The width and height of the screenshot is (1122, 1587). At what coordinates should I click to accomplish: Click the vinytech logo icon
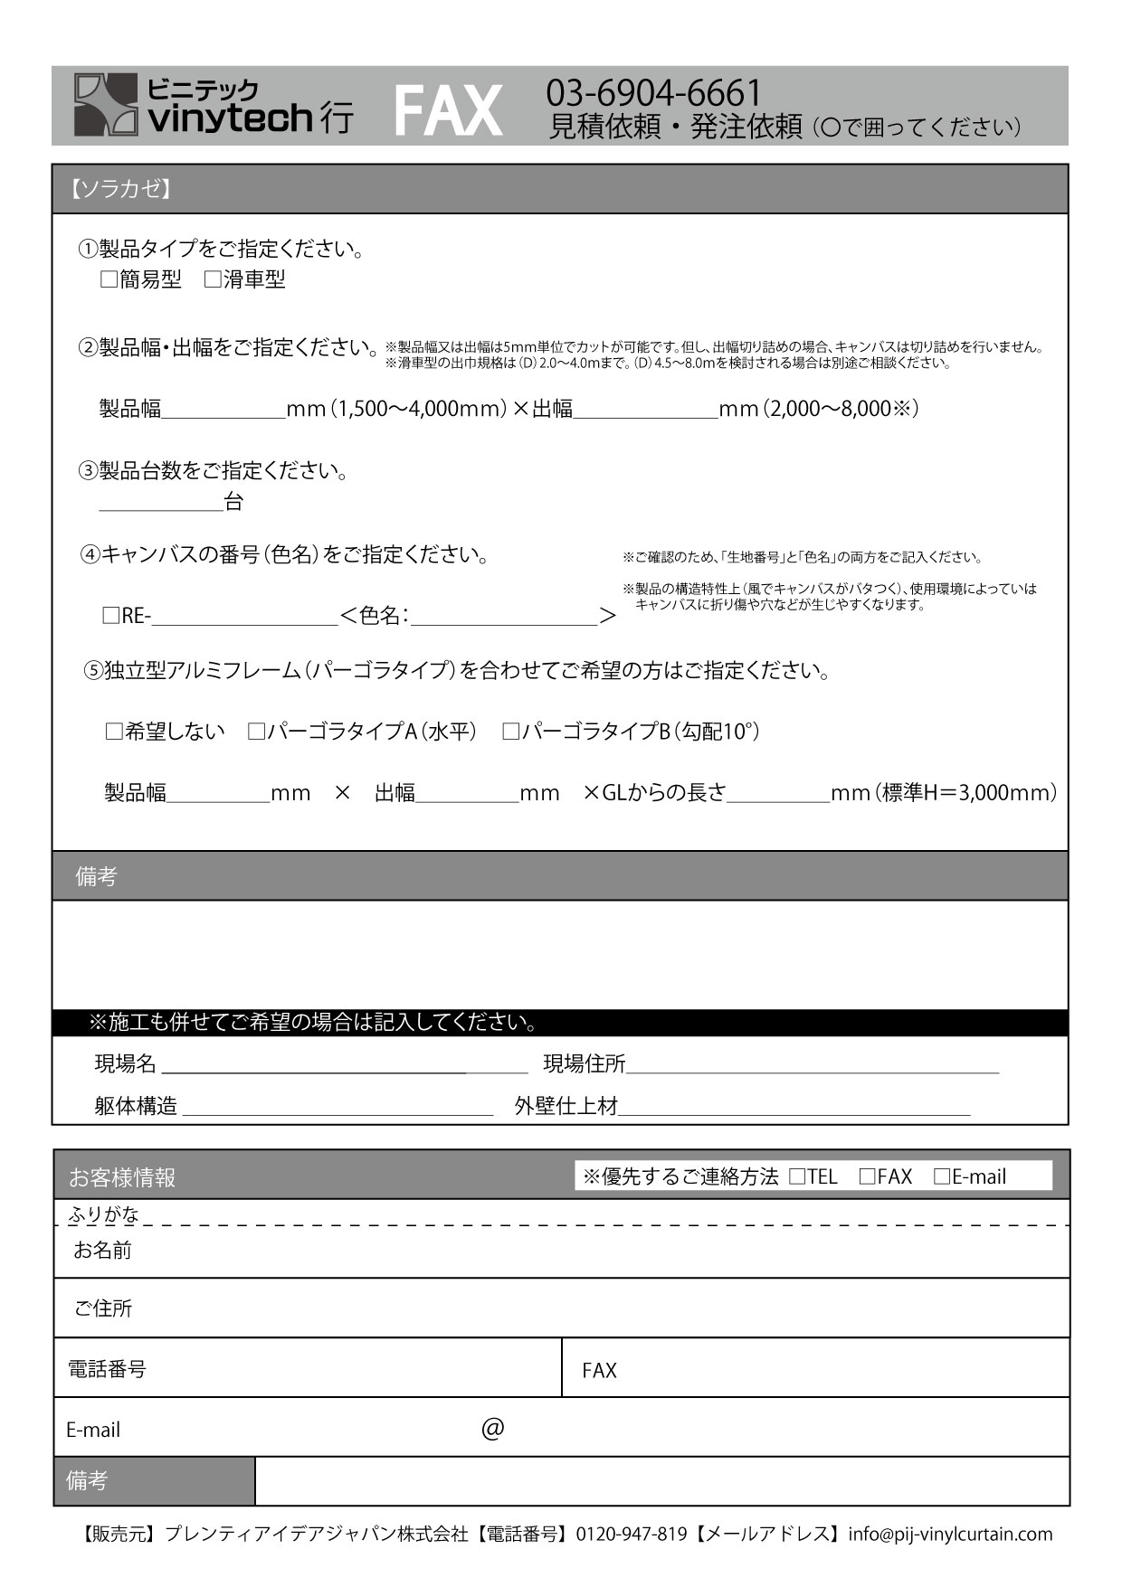click(105, 105)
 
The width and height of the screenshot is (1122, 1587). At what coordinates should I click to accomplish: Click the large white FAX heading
click(448, 111)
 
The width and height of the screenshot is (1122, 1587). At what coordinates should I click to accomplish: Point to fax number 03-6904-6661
click(653, 92)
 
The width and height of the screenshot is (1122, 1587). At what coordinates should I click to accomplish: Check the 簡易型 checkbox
click(109, 280)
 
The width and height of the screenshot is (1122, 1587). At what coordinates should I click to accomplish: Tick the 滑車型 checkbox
click(213, 280)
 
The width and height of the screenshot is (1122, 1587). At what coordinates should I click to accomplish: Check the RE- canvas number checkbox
click(111, 617)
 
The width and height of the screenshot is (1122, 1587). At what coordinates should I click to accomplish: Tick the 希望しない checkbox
click(114, 732)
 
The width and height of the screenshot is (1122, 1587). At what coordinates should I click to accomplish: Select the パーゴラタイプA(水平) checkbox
click(256, 732)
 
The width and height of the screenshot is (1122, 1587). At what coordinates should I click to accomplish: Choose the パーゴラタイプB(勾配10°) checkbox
click(510, 732)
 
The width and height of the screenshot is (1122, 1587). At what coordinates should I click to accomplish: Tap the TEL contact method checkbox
click(797, 1176)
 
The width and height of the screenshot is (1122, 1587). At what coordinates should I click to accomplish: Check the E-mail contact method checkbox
click(941, 1176)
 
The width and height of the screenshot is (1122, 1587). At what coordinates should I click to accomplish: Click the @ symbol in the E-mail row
click(492, 1429)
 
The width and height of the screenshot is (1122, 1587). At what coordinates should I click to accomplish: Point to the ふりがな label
click(104, 1214)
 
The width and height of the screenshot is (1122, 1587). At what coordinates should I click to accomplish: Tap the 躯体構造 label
click(136, 1106)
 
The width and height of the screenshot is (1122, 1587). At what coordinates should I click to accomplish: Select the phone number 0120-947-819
click(631, 1534)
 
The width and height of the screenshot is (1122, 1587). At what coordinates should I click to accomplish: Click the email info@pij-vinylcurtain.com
click(950, 1534)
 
